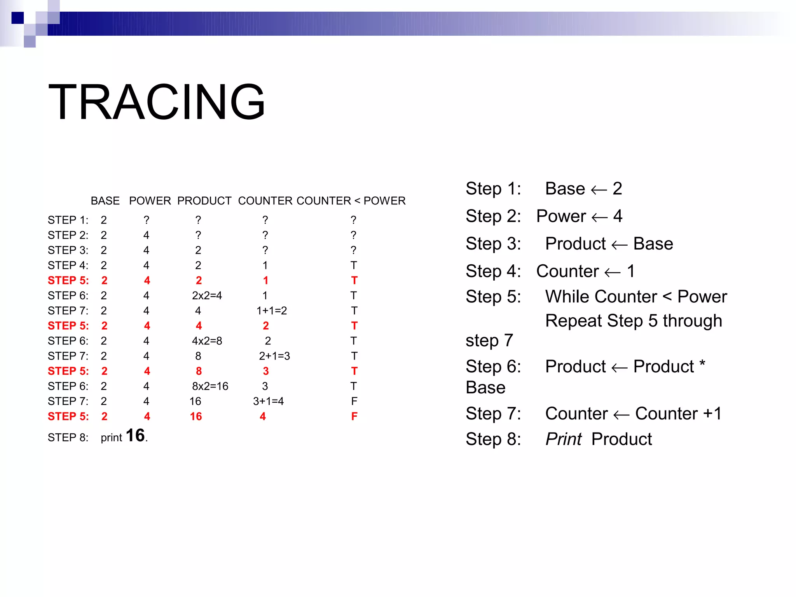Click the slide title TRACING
(x=156, y=102)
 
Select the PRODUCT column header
(x=204, y=201)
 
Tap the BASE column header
(x=105, y=201)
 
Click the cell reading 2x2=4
(x=207, y=295)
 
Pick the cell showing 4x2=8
(x=207, y=341)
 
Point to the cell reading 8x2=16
(x=210, y=386)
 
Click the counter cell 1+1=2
(x=271, y=311)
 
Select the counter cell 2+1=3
(x=274, y=356)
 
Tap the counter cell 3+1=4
(x=268, y=401)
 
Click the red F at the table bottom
(x=354, y=416)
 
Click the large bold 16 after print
(x=135, y=435)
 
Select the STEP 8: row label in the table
(x=68, y=438)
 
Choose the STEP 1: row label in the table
(x=68, y=220)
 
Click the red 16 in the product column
(x=196, y=416)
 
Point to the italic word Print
(x=563, y=439)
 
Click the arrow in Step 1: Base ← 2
(x=599, y=190)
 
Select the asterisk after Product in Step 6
(x=702, y=364)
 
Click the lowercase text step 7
(x=489, y=340)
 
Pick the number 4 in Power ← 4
(x=618, y=216)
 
